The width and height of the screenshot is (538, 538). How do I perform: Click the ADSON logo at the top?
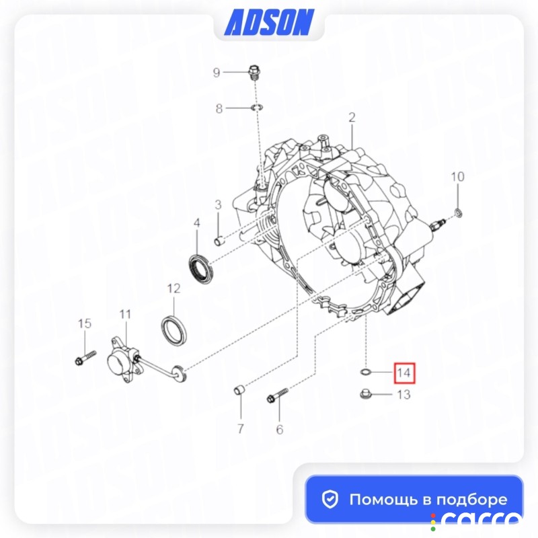270,22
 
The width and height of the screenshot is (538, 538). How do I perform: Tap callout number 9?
216,73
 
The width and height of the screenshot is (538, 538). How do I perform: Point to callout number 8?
219,108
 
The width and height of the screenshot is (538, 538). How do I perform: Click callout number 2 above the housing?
352,117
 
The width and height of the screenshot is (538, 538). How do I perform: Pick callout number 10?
457,177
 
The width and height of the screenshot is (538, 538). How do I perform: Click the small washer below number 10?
458,213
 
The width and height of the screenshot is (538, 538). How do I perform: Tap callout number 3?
218,205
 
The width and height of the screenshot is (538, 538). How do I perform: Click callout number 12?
174,289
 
